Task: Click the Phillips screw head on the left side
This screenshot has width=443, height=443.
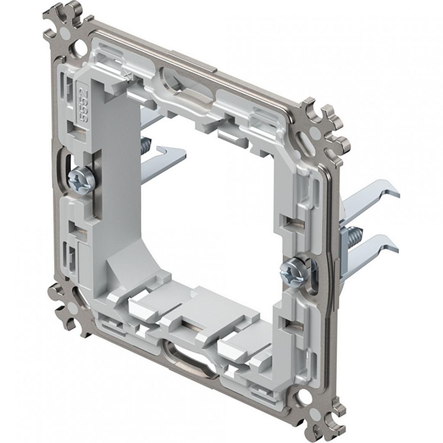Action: pos(81,180)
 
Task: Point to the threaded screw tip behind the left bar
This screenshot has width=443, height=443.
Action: pos(146,145)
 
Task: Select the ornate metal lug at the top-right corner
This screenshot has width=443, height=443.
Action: pos(329,125)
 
